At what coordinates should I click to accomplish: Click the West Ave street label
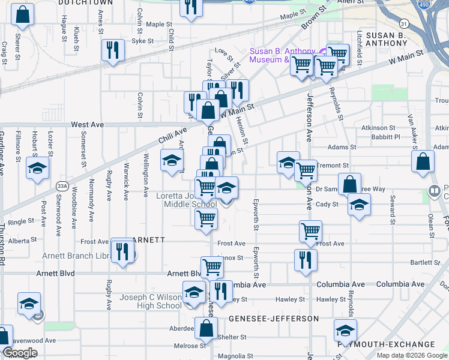tap(88, 125)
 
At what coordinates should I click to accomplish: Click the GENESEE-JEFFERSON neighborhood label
tap(273, 318)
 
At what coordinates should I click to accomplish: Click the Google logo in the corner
tap(20, 353)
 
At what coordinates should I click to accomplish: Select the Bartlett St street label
tap(425, 263)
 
